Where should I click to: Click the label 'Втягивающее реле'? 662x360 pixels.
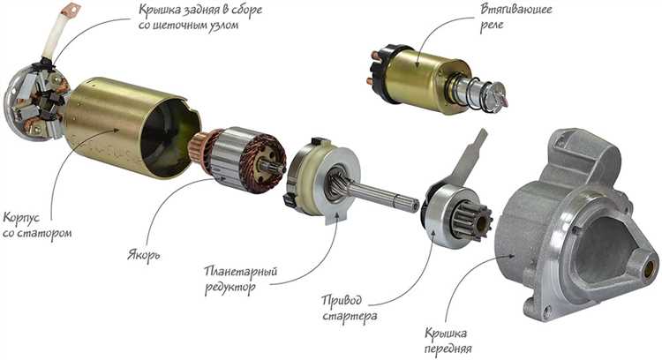(515, 16)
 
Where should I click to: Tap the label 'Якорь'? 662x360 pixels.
(144, 255)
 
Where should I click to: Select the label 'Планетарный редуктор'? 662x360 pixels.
(241, 279)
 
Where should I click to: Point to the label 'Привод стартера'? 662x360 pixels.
(350, 308)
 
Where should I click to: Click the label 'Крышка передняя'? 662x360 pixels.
(448, 341)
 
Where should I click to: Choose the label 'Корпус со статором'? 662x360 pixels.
(37, 225)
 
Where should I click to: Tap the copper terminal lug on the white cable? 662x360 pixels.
(70, 9)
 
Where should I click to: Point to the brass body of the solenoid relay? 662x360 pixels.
(426, 80)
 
